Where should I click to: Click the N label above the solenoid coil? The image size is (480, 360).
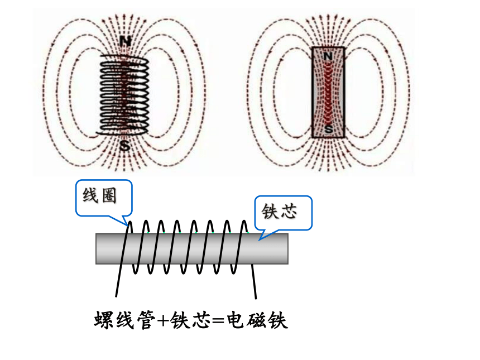(x=125, y=41)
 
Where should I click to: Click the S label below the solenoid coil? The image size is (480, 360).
(x=124, y=146)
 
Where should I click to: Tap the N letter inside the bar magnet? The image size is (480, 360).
(x=328, y=56)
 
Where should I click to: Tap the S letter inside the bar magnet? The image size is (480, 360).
(x=329, y=129)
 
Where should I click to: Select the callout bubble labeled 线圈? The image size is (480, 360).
(x=104, y=198)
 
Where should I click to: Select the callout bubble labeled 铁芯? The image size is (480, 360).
(x=283, y=213)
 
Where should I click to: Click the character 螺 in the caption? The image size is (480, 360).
(x=104, y=320)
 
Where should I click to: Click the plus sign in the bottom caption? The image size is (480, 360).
(x=162, y=321)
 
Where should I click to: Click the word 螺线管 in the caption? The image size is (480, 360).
(x=124, y=320)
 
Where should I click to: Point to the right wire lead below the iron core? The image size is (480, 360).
(x=254, y=281)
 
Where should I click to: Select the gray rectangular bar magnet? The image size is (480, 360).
(x=328, y=93)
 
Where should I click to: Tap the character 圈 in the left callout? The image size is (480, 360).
(x=109, y=195)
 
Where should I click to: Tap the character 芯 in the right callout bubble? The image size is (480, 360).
(x=288, y=211)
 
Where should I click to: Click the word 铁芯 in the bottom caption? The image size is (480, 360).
(x=191, y=320)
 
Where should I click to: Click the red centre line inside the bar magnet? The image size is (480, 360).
(x=328, y=93)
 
